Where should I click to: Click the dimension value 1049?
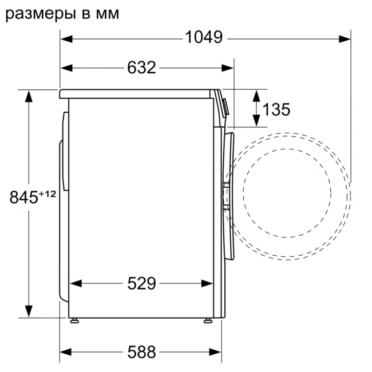(204, 38)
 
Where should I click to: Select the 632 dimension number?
(141, 68)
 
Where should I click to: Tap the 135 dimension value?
(277, 109)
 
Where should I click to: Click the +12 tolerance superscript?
(47, 194)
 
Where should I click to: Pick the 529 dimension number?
(141, 283)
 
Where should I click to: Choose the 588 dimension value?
(141, 353)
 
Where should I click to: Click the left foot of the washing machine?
(74, 320)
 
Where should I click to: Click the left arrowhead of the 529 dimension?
(75, 283)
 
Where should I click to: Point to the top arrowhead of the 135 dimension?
(257, 96)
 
